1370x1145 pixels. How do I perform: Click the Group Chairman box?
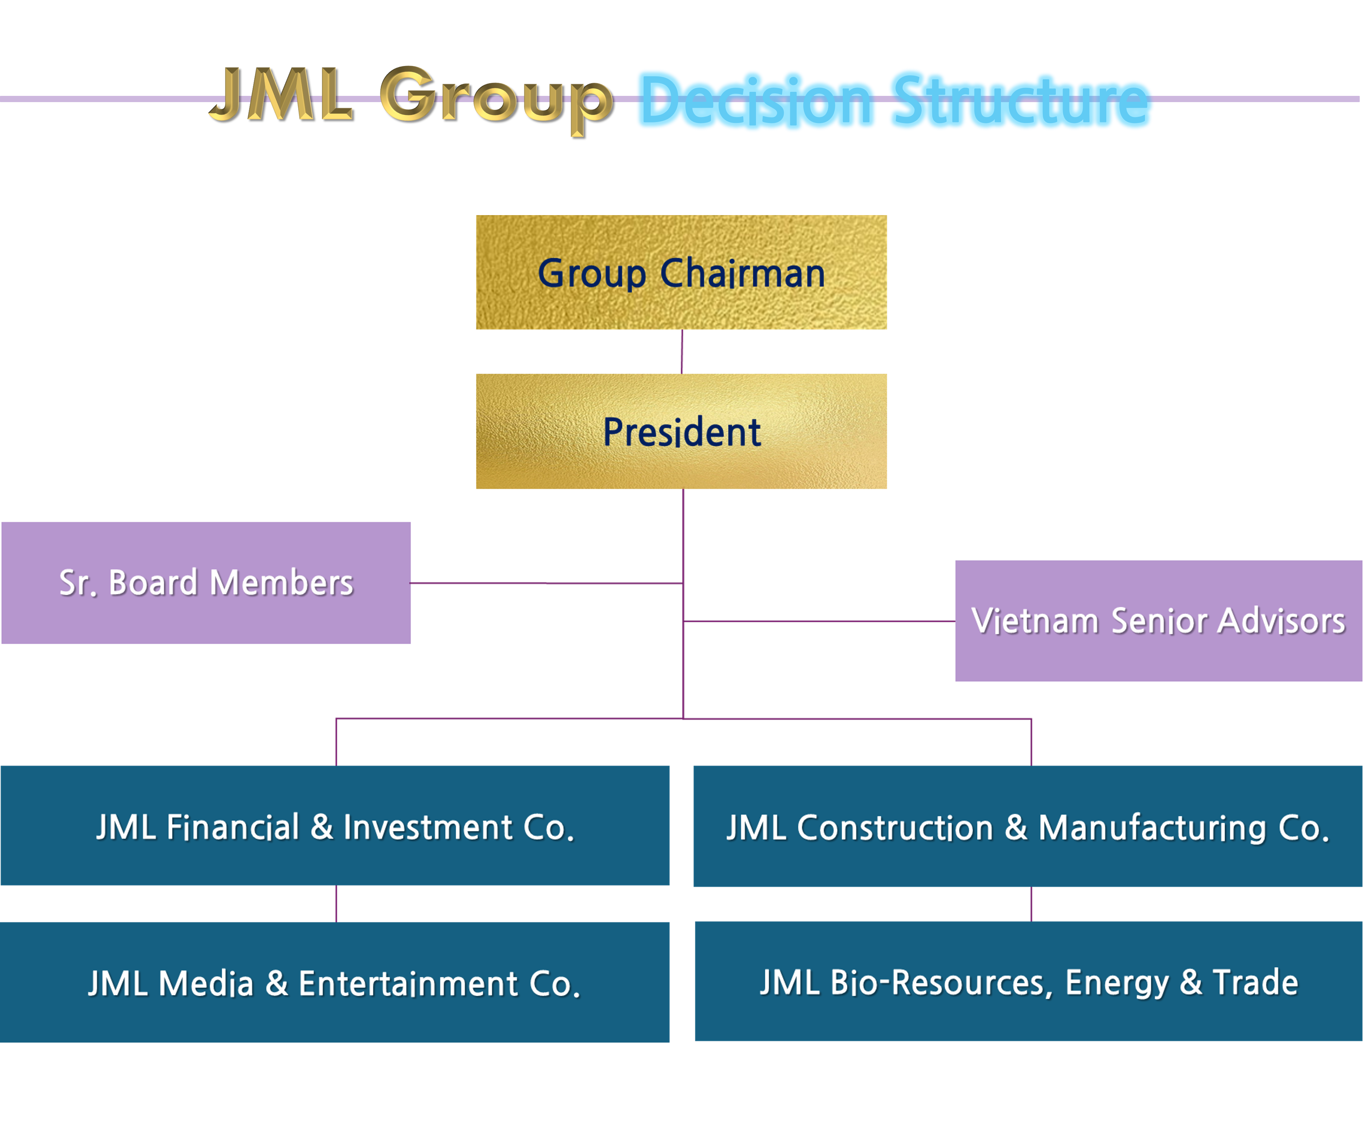tap(681, 272)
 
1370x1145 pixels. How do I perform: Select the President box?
tap(681, 431)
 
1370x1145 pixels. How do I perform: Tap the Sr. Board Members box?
tap(206, 582)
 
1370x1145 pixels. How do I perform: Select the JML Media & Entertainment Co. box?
tap(335, 982)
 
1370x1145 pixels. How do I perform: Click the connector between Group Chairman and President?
tap(682, 352)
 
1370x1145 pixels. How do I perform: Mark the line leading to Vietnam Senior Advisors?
tap(820, 621)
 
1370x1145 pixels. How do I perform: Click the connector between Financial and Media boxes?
tap(336, 904)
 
